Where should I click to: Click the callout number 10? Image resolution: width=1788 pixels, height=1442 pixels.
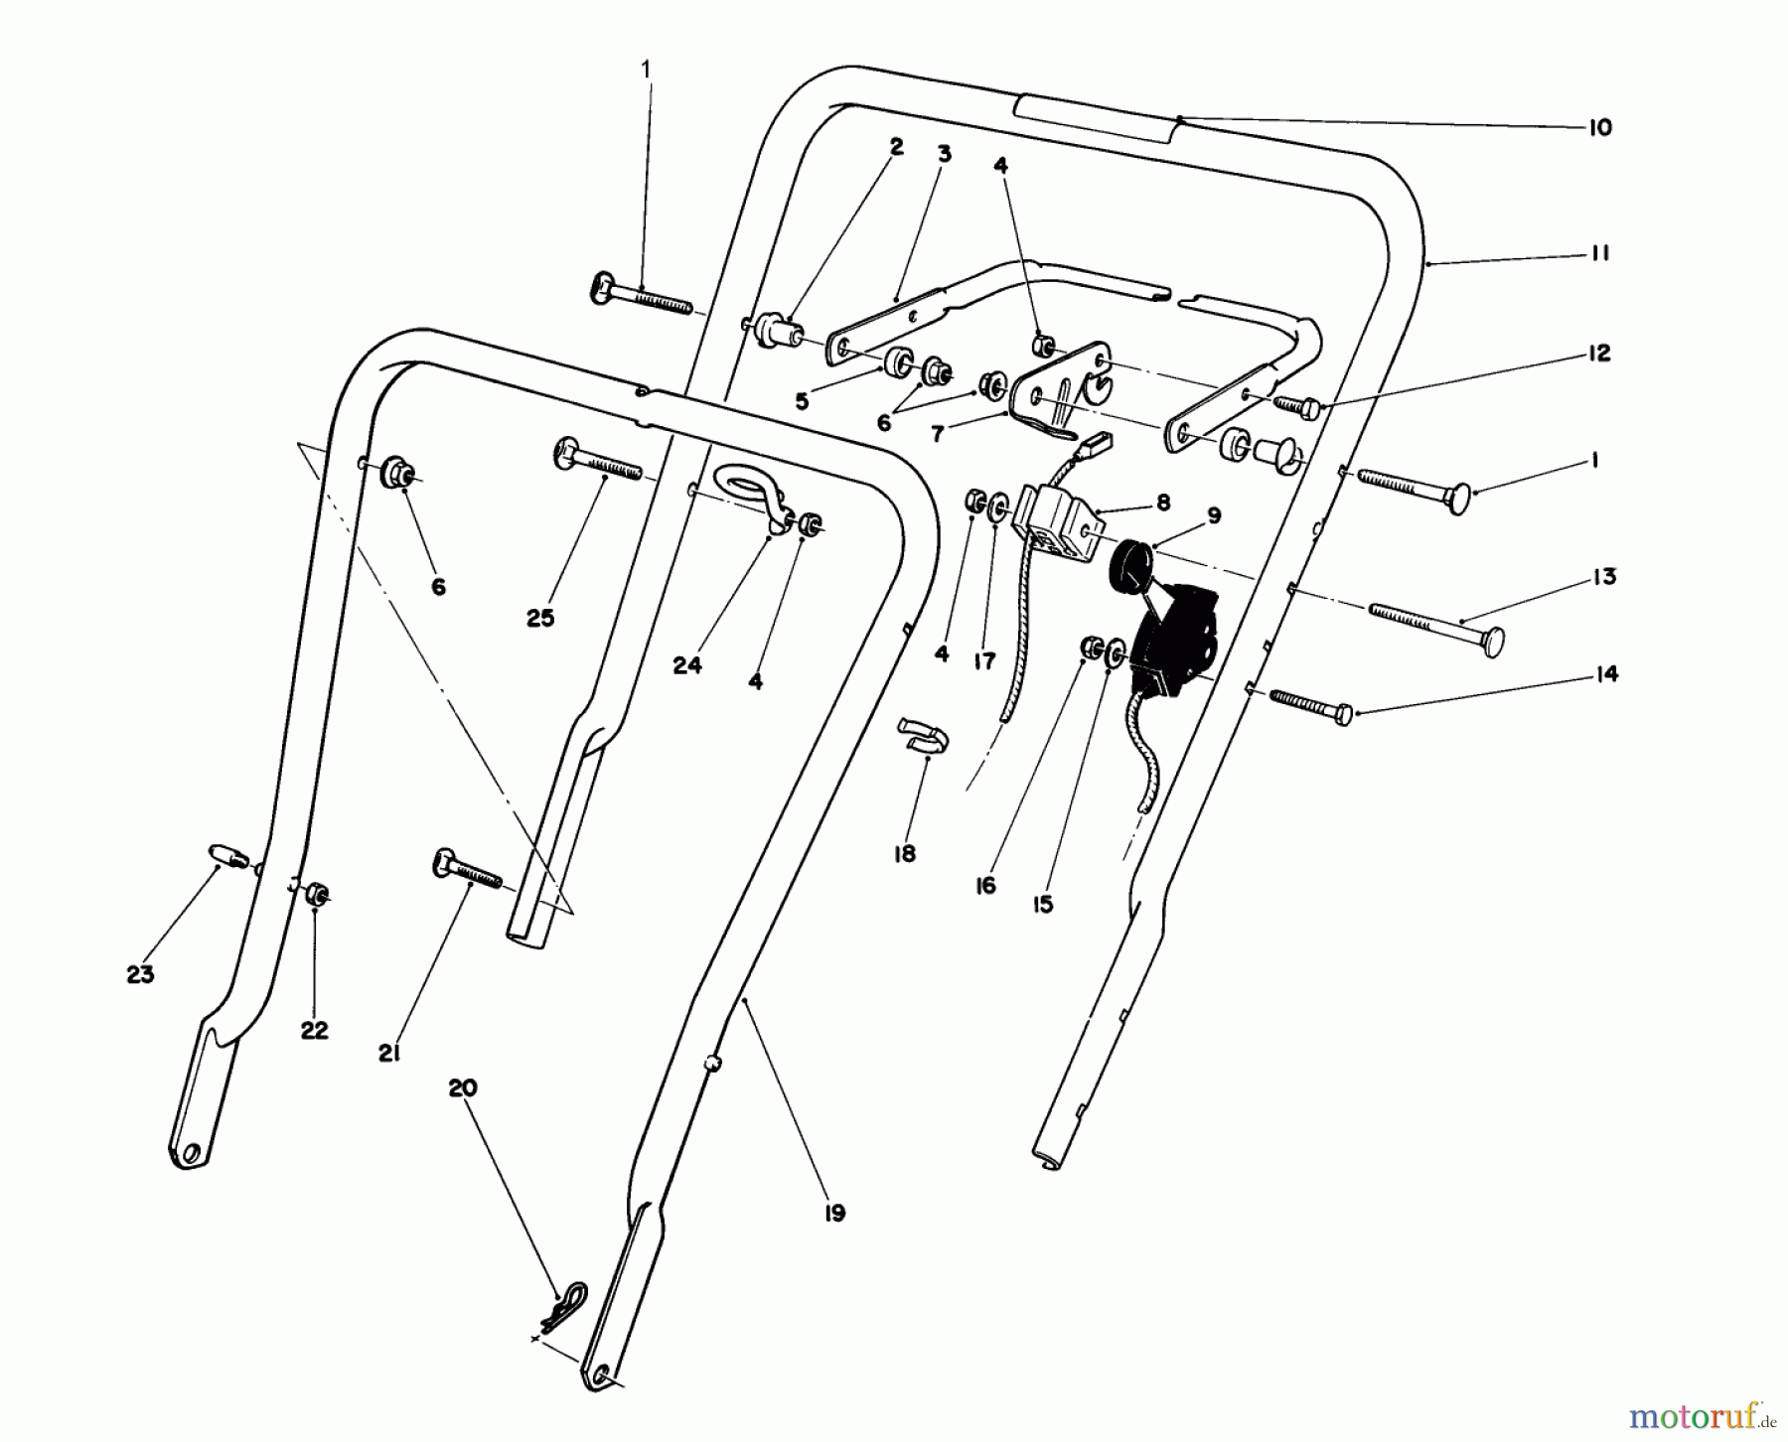pos(1599,128)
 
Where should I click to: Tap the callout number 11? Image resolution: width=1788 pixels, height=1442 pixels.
pos(1598,254)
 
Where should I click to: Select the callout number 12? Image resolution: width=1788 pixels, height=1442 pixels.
pos(1598,354)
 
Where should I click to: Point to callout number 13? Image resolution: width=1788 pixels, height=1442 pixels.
pos(1603,577)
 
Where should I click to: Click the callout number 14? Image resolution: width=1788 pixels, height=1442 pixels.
pos(1605,674)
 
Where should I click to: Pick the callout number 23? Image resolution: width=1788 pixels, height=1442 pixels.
pos(140,974)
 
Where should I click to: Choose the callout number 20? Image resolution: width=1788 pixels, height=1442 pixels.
pos(463,1087)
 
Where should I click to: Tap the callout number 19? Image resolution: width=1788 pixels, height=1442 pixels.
pos(833,1213)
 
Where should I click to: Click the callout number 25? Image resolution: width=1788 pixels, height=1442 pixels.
pos(540,618)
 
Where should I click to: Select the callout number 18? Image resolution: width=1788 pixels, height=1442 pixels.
pos(904,853)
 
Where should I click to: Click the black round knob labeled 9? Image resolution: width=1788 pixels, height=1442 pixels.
pos(1131,565)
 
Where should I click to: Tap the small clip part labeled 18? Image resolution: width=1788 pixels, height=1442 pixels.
pos(921,733)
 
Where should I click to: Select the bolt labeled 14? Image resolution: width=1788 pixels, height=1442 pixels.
pos(1308,707)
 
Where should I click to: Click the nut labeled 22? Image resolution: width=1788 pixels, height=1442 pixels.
pos(317,894)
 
